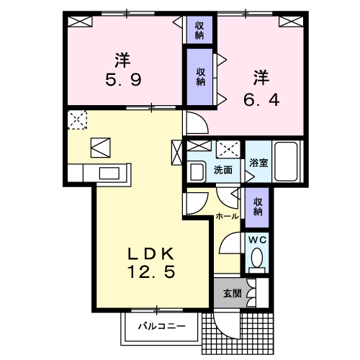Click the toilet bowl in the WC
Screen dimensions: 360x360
(257, 260)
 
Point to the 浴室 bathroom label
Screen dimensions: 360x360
(258, 163)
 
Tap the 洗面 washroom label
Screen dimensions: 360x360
(223, 171)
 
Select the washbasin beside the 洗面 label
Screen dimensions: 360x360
(196, 171)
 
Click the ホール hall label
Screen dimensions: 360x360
(228, 215)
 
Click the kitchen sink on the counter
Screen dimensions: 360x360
(109, 173)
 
